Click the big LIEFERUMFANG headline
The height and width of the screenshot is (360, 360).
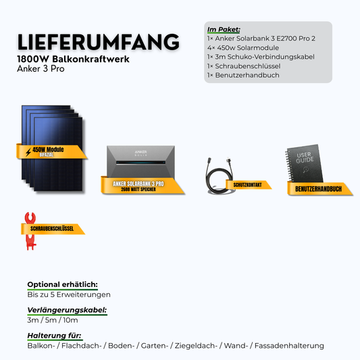[x=98, y=42]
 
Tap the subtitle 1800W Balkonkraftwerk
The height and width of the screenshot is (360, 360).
[x=73, y=59]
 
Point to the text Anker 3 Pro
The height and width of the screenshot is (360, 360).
[x=41, y=69]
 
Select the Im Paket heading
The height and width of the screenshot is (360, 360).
[x=224, y=30]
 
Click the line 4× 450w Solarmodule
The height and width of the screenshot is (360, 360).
[x=243, y=48]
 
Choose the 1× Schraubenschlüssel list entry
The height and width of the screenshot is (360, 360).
[x=244, y=66]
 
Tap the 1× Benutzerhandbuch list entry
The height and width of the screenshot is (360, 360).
[x=243, y=75]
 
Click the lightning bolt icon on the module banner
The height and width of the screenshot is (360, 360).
[x=28, y=152]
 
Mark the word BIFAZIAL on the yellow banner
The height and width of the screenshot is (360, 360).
[x=47, y=155]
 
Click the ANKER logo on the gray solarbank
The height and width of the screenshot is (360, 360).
[x=140, y=152]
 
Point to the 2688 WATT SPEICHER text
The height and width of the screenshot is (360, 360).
[x=138, y=189]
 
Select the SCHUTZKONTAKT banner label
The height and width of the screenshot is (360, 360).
[x=247, y=185]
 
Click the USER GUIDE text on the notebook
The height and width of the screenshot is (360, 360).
[x=305, y=158]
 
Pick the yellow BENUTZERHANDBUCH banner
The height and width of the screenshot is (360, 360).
[x=319, y=188]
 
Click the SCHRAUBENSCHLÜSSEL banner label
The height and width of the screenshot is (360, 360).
[x=52, y=229]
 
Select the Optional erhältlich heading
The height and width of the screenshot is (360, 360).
[x=62, y=284]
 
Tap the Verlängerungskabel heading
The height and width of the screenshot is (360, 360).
[x=67, y=310]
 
